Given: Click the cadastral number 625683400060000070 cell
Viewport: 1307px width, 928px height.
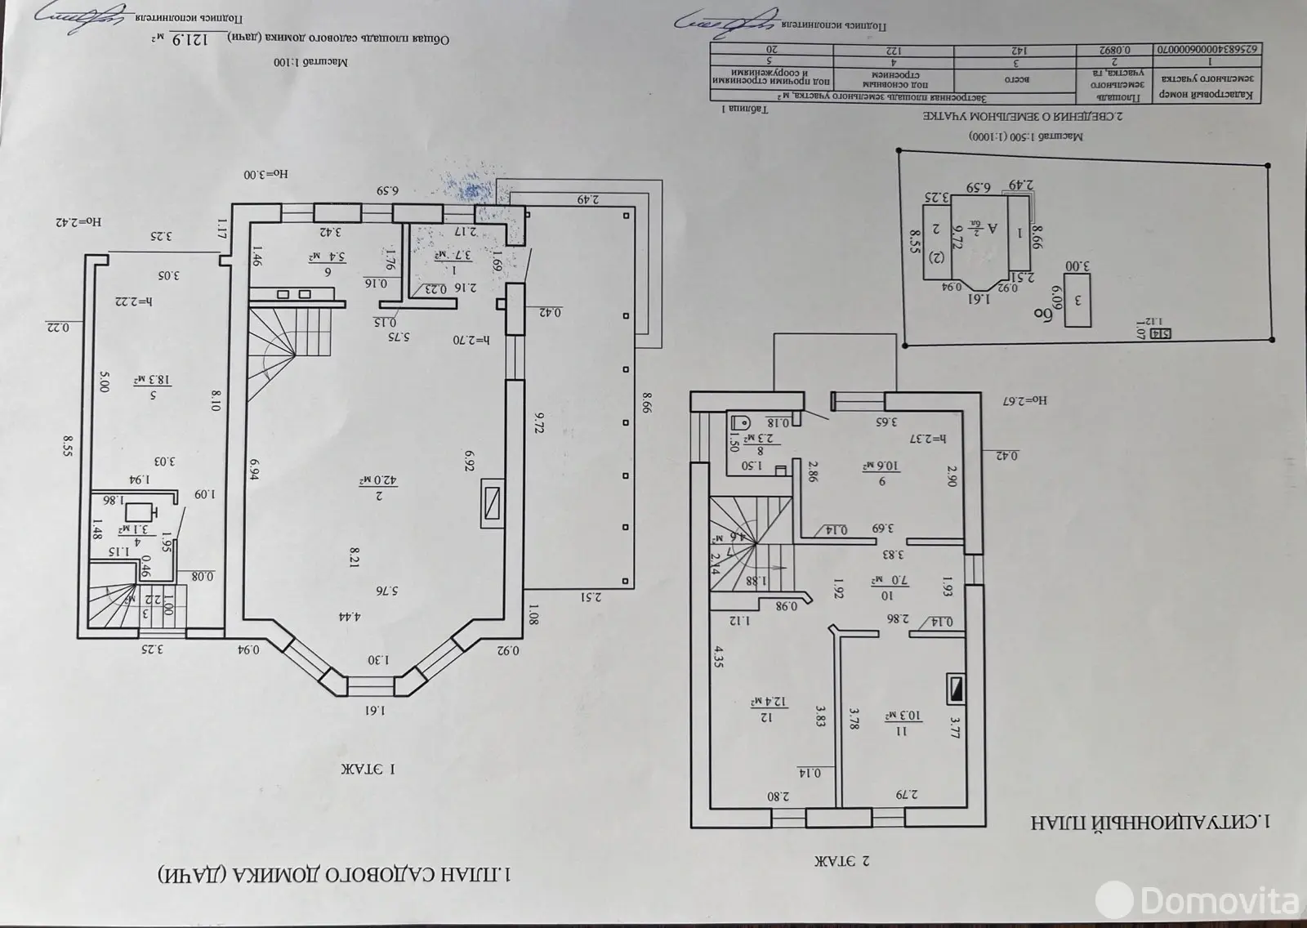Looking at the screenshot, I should (1209, 48).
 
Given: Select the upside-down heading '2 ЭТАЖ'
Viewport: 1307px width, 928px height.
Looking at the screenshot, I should (842, 861).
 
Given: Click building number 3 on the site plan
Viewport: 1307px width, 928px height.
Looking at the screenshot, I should (1077, 301).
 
